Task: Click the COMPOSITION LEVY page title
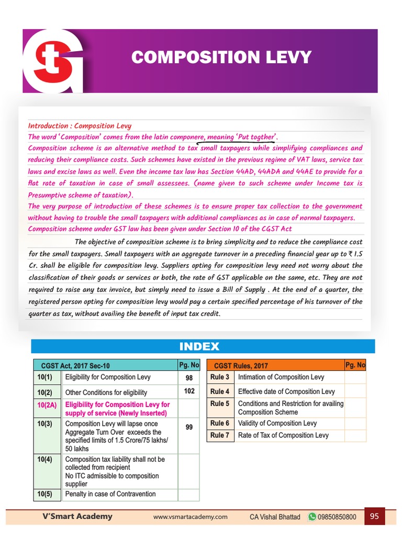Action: coord(221,57)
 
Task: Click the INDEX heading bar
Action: coord(199,346)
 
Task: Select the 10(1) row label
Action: coord(45,377)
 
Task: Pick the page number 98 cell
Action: coord(189,378)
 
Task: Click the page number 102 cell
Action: coord(189,391)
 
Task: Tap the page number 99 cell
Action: coord(189,427)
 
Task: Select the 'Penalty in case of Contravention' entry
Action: coord(110,494)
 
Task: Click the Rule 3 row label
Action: coord(220,377)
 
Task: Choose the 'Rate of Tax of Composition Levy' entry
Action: coord(283,435)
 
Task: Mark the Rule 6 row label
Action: coord(220,423)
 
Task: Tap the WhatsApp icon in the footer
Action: coord(312,517)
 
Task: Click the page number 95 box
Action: coord(374,516)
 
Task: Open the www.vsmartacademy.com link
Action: coord(190,517)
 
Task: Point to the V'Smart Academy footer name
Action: coord(77,516)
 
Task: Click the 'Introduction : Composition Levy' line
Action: coord(80,126)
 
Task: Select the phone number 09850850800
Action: coord(338,517)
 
